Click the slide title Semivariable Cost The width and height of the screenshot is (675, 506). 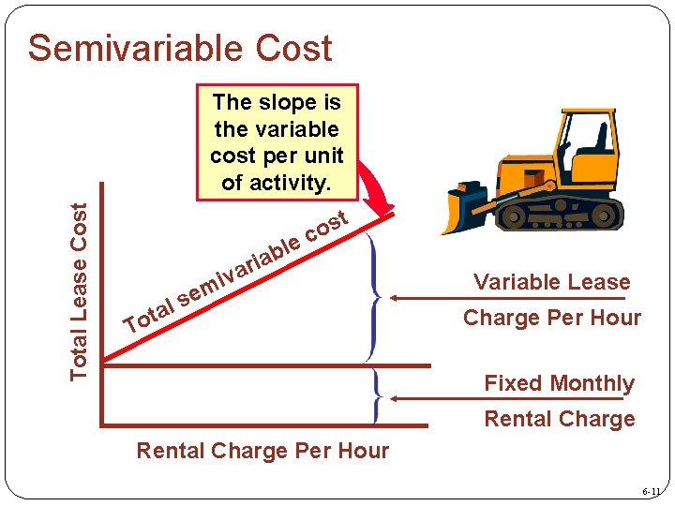(x=180, y=48)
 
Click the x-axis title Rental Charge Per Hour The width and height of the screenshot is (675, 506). (x=262, y=451)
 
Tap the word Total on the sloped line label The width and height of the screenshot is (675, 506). (x=150, y=315)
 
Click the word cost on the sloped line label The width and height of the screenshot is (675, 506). (x=327, y=226)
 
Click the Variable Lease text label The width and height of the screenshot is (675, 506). (x=551, y=282)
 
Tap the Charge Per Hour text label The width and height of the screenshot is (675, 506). (x=551, y=318)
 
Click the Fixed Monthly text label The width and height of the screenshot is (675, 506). (x=559, y=383)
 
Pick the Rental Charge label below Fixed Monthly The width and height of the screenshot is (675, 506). (x=559, y=419)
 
